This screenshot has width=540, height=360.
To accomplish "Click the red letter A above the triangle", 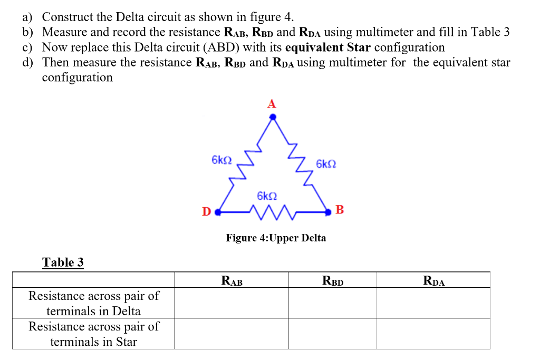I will [271, 104].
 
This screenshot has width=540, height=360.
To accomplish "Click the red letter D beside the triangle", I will [206, 212].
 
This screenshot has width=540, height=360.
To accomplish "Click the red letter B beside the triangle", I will [340, 210].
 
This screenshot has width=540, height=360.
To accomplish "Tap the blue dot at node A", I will [273, 118].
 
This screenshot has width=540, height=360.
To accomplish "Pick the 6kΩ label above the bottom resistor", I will [267, 196].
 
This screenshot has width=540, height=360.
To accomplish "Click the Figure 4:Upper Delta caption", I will [276, 238].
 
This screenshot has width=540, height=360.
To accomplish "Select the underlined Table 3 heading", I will [63, 262].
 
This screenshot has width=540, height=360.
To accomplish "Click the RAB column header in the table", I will [232, 280].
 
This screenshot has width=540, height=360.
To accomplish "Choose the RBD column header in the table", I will [332, 280].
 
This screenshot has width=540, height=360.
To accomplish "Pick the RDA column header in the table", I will [433, 280].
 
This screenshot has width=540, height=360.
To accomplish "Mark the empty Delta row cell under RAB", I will [232, 303].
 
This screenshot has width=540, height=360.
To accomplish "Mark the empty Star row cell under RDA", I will [433, 334].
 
